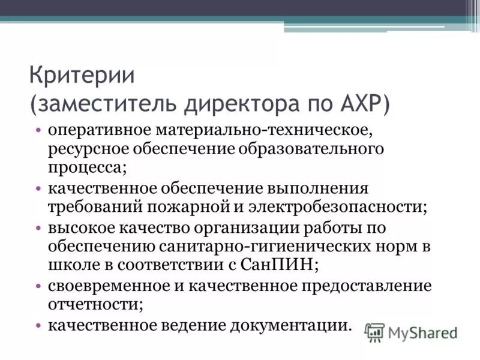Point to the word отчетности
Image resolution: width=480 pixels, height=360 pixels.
pos(95,304)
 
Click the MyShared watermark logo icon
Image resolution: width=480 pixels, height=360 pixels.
pos(374,332)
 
